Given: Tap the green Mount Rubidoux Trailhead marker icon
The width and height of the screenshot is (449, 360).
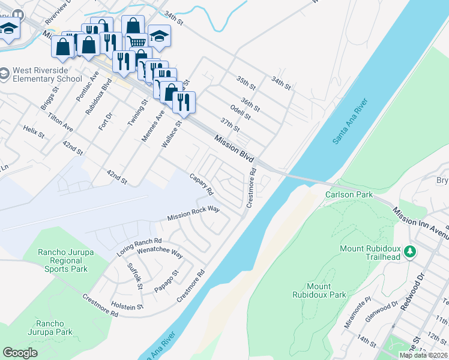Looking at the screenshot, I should coord(410,252).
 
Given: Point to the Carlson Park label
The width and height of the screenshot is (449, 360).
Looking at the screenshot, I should coord(349,194).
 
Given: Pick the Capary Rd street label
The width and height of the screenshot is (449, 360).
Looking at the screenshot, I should coord(202,184).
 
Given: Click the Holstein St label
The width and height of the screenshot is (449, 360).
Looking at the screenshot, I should coord(127,305).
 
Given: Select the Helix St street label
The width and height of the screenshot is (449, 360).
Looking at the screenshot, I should coord(34,131).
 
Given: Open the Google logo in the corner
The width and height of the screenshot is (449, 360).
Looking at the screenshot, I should coord(20,353).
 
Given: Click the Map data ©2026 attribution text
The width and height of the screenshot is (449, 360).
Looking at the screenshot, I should coord(423,355).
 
